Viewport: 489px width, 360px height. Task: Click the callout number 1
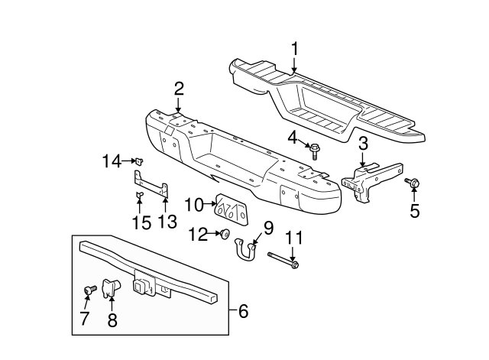[x=294, y=49]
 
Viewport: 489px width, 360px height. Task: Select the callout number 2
[x=179, y=89]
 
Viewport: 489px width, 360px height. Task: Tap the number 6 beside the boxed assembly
[x=243, y=311]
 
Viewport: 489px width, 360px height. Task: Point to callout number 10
[x=193, y=205]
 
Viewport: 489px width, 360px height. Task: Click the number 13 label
[x=167, y=222]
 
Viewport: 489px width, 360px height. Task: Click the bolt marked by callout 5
[x=413, y=183]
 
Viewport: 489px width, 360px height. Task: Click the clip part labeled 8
[x=111, y=288]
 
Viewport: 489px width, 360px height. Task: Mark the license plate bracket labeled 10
[x=232, y=210]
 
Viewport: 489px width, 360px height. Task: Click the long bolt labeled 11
[x=283, y=260]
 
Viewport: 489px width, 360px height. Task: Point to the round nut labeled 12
[x=225, y=234]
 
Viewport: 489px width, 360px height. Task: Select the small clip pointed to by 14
[x=139, y=161]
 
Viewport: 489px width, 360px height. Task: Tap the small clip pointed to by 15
[x=139, y=195]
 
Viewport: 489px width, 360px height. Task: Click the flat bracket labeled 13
[x=151, y=184]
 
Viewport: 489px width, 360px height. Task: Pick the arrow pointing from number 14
[x=128, y=161]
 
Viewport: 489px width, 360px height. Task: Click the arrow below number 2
[x=178, y=105]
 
